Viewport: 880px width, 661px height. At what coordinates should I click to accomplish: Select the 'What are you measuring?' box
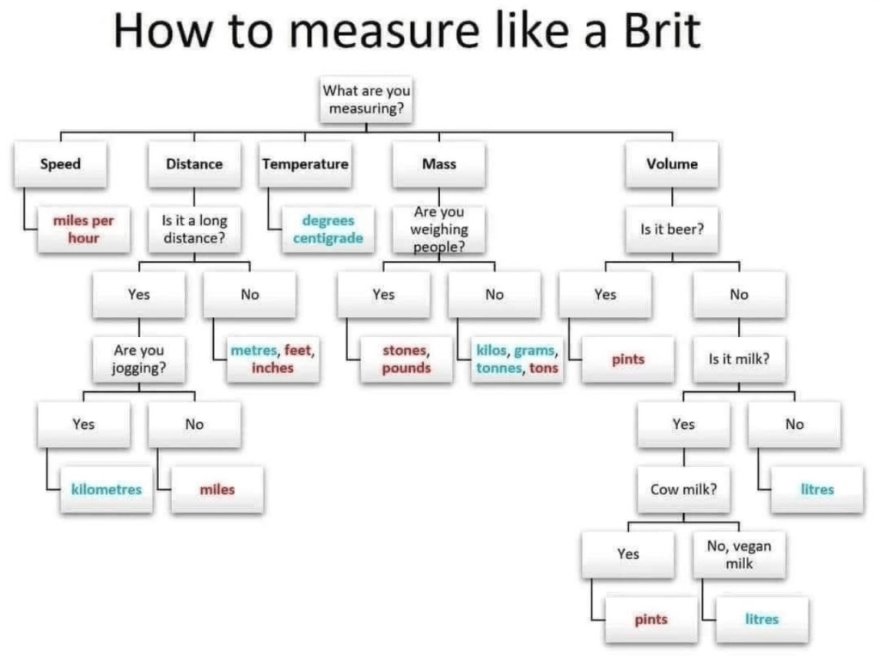(366, 99)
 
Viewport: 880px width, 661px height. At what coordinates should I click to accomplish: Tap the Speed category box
(60, 164)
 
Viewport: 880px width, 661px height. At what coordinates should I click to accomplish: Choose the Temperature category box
(305, 164)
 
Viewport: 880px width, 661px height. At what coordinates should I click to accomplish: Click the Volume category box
(672, 164)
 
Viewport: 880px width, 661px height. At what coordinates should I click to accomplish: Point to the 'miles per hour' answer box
(83, 230)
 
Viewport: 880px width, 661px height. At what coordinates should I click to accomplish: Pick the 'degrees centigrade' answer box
(328, 230)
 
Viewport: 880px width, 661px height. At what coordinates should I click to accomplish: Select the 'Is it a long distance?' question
(194, 230)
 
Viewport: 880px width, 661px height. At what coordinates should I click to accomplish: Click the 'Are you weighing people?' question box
(439, 230)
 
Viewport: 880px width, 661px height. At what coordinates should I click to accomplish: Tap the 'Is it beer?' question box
(672, 230)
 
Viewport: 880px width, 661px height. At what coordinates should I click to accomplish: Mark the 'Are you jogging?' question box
(138, 359)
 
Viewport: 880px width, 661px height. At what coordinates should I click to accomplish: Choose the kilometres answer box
(107, 489)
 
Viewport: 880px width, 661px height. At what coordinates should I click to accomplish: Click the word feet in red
(298, 351)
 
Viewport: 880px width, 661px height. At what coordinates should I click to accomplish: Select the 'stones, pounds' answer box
(406, 359)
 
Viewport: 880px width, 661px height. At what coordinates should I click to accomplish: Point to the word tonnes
(498, 368)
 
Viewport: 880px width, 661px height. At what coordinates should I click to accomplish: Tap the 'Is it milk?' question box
(739, 359)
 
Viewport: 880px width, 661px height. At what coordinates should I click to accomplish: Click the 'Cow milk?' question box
(683, 489)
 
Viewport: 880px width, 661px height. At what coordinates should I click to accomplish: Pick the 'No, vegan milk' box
(739, 554)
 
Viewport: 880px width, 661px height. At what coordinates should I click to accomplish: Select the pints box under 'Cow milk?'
(651, 619)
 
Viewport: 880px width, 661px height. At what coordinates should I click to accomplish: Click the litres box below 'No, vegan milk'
(761, 619)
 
